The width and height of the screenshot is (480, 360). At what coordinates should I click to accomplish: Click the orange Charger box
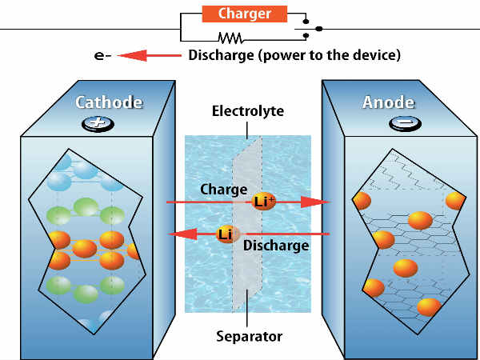[244, 14]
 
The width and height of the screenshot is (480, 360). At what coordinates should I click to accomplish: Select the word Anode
[389, 102]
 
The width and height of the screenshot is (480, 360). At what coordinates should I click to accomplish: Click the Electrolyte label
[248, 111]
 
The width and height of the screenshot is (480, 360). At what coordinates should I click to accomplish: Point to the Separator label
[248, 337]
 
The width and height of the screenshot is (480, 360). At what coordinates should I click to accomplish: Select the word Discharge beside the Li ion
[275, 246]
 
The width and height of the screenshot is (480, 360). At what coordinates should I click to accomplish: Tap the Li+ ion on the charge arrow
[263, 202]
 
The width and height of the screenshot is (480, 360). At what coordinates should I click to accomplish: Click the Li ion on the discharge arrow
[226, 234]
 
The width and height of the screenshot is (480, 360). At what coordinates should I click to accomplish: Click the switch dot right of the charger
[319, 28]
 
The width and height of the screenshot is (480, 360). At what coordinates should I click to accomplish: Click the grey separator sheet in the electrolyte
[244, 272]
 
